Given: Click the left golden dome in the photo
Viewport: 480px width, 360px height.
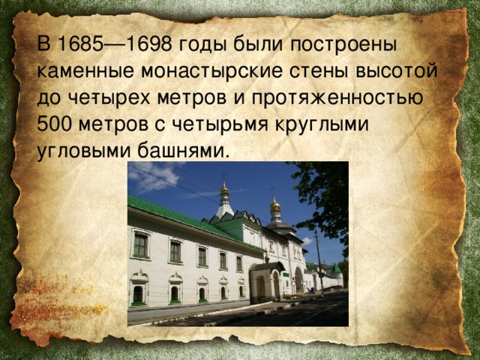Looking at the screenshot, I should coord(223,191).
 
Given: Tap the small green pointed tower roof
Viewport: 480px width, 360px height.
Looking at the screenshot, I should coord(335,268).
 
